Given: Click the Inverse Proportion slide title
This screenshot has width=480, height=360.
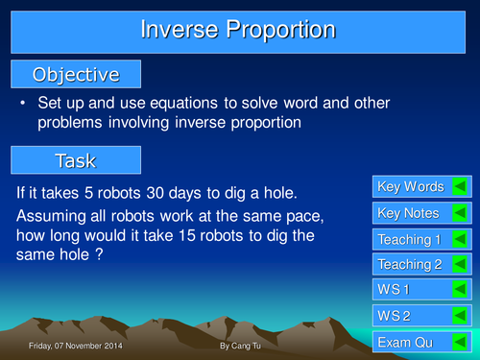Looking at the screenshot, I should tap(239, 30).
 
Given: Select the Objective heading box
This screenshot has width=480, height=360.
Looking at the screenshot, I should tap(76, 74).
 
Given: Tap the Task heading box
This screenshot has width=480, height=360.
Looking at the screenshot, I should tap(76, 159).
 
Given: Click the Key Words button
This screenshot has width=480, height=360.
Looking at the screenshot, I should tap(411, 186).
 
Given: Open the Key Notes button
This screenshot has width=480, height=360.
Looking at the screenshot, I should tap(409, 213).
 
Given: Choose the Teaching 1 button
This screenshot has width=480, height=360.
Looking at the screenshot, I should tap(410, 239).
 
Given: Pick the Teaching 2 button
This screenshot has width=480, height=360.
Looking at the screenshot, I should tap(410, 264).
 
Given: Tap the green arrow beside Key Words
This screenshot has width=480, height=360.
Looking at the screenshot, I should tap(460, 186).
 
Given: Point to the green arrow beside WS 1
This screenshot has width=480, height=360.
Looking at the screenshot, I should tap(460, 289).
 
